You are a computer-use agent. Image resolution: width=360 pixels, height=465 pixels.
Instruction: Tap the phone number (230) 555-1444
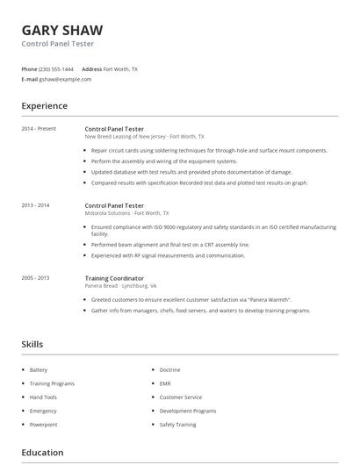click(x=57, y=68)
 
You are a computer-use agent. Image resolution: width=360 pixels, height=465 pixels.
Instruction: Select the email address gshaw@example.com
click(x=65, y=79)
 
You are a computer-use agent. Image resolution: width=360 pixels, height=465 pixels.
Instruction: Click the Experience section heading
click(x=45, y=106)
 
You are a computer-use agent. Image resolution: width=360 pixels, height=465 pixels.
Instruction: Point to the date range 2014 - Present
click(x=39, y=129)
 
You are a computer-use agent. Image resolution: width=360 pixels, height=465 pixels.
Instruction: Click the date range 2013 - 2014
click(x=35, y=204)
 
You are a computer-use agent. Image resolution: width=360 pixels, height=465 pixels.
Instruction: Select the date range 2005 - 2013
click(x=35, y=278)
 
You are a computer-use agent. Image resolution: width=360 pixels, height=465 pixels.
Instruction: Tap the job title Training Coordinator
click(x=114, y=278)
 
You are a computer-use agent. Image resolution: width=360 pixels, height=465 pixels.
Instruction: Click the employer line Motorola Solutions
click(x=107, y=212)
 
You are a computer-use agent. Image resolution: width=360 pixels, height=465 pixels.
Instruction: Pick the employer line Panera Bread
click(x=101, y=286)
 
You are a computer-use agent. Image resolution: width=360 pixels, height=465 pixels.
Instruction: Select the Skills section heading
click(x=32, y=345)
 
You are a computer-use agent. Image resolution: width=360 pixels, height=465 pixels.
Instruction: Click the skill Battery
click(x=39, y=370)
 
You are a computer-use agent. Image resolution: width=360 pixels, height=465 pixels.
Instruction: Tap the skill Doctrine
click(x=170, y=370)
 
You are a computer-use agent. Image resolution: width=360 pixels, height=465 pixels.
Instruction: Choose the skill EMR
click(x=165, y=383)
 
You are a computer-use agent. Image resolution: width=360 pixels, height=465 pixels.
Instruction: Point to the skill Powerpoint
click(x=43, y=425)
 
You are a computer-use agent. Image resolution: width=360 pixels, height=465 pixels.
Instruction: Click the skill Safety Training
click(x=178, y=425)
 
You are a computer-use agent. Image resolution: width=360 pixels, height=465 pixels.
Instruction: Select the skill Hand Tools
click(x=42, y=397)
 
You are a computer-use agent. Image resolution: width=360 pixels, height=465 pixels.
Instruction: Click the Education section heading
click(x=42, y=453)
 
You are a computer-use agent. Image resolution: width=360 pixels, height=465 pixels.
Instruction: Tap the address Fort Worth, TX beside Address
click(x=120, y=68)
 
